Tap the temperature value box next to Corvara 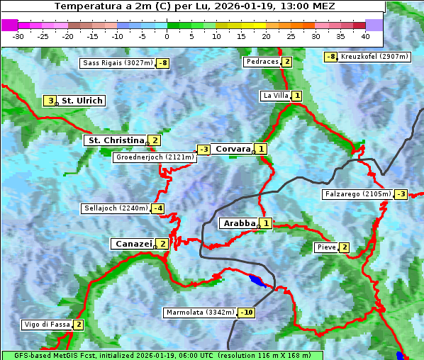click(x=262, y=149)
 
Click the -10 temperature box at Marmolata click(x=247, y=313)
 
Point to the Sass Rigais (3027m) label click(x=118, y=63)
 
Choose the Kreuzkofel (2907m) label click(x=374, y=57)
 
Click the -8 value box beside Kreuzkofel click(x=330, y=57)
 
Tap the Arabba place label click(x=239, y=223)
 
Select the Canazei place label click(x=133, y=244)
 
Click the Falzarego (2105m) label click(x=357, y=193)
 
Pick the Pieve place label click(x=326, y=247)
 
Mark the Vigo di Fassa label click(x=48, y=325)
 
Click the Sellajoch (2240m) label click(x=115, y=208)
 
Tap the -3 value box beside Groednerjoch click(x=203, y=150)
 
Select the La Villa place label click(x=275, y=96)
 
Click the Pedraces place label click(x=262, y=62)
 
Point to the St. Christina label click(x=115, y=140)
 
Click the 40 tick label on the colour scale click(x=365, y=36)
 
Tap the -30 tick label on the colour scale click(x=18, y=36)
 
